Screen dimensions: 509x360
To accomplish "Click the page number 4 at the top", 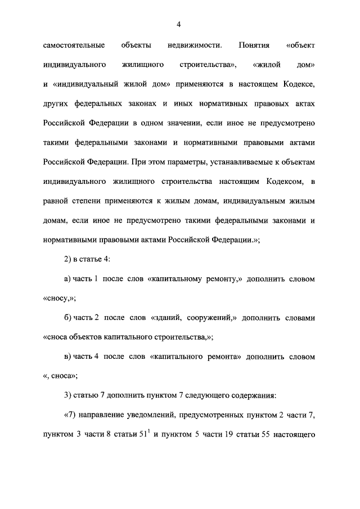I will [179, 24].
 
